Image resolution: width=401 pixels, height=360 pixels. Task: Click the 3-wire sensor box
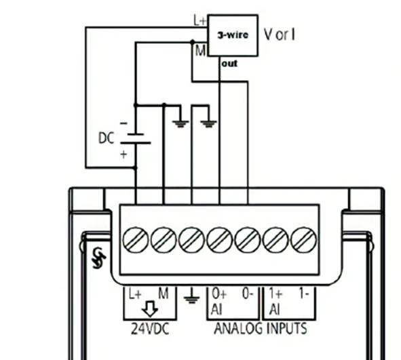[232, 35]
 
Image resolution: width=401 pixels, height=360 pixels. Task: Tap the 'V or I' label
[279, 33]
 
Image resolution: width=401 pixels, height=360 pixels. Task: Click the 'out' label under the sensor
[230, 64]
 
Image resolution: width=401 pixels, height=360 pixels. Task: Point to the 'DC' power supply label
[107, 138]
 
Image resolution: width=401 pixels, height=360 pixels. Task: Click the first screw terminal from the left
[136, 239]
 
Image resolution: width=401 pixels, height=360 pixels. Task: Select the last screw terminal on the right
[303, 239]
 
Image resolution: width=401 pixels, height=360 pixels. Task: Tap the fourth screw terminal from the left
[219, 239]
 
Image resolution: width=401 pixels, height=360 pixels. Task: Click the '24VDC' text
[150, 329]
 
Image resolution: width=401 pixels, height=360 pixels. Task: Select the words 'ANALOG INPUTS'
[260, 329]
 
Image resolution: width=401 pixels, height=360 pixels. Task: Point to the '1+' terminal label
[275, 295]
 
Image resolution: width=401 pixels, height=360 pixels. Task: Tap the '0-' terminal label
[248, 295]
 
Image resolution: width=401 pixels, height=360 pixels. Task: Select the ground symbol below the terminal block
[191, 296]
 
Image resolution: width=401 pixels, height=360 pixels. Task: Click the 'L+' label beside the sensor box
[199, 21]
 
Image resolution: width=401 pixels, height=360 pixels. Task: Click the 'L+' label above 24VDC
[135, 294]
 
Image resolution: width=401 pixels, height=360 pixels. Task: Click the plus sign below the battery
[123, 155]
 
